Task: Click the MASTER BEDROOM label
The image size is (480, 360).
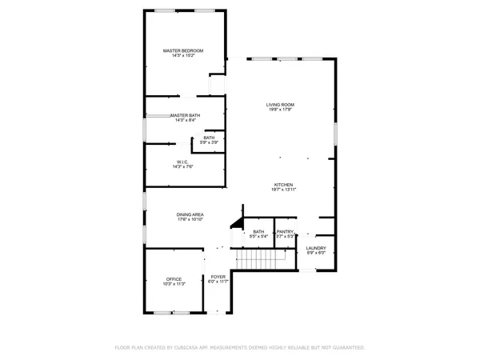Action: pos(183,50)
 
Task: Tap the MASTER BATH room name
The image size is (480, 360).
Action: pos(183,115)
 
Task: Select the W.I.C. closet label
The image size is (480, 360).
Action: pos(183,162)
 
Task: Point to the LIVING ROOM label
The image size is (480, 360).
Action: pos(281,105)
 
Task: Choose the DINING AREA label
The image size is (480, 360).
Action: pos(190,214)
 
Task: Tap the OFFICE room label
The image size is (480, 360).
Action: pos(174,279)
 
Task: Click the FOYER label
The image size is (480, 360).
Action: pos(218,276)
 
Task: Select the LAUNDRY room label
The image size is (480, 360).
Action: pos(316,248)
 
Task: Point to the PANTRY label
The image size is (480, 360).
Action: pos(286,232)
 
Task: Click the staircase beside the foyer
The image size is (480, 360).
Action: pos(263,260)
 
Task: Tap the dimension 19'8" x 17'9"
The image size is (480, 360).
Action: pos(281,110)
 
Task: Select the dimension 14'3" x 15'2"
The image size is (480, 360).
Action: pos(183,56)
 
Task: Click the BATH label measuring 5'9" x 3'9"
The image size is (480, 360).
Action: pos(209,138)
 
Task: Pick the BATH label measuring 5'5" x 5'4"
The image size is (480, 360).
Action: pos(258,232)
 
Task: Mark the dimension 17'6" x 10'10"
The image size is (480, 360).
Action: pos(190,220)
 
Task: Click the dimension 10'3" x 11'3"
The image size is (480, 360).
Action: pos(174,284)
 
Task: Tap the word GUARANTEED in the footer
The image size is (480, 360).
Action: pos(346,348)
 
